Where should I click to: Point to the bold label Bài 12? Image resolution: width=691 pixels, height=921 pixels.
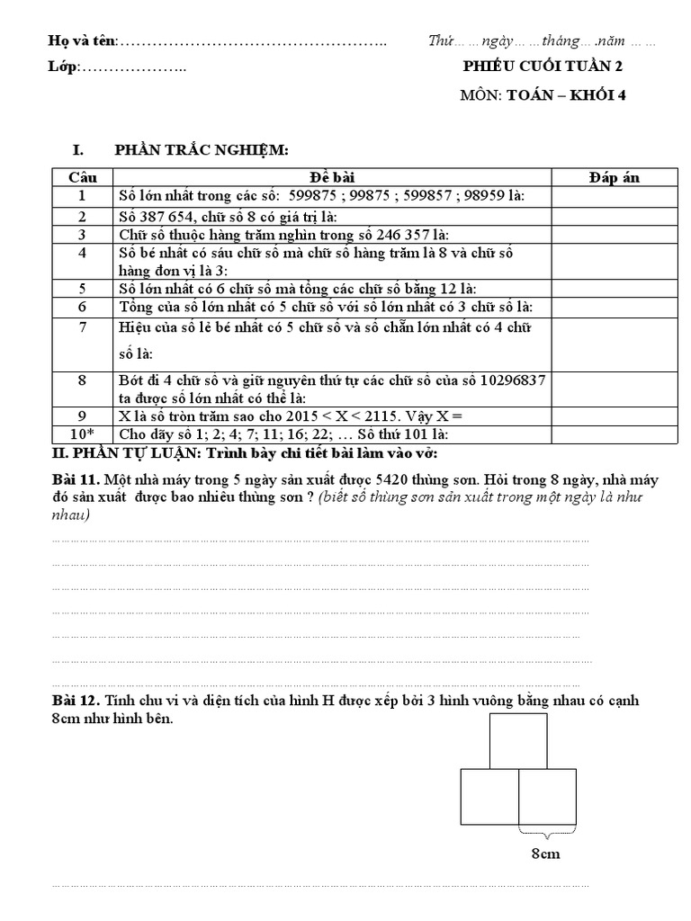[x=74, y=701]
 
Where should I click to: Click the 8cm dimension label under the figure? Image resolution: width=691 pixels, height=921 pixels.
[x=545, y=854]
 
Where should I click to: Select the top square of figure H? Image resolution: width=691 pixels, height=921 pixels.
[x=517, y=741]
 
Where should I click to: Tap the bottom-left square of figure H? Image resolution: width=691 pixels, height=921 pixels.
[x=489, y=797]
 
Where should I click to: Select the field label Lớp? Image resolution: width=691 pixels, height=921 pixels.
[x=63, y=67]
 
